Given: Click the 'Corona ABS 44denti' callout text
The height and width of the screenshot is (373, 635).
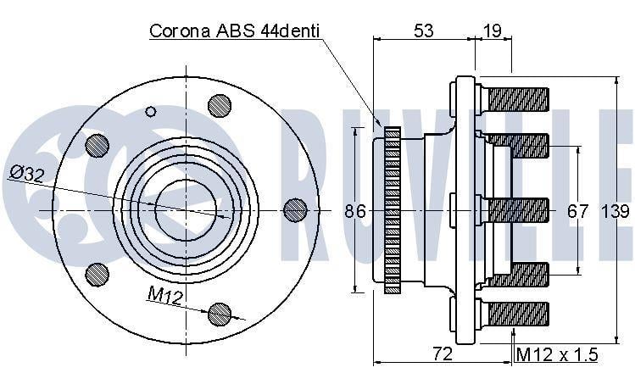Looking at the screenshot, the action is pyautogui.click(x=235, y=31).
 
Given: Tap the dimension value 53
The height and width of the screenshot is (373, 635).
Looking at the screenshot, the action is pyautogui.click(x=423, y=31).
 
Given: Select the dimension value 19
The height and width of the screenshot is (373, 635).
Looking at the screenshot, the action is pyautogui.click(x=493, y=31).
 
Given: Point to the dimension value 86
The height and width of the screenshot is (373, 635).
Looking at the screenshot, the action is pyautogui.click(x=355, y=211).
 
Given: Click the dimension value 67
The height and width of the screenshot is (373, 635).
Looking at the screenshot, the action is pyautogui.click(x=578, y=211).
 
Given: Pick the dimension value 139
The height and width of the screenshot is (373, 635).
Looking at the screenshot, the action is pyautogui.click(x=616, y=211).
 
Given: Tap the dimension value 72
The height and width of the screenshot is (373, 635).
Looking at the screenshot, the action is pyautogui.click(x=442, y=354).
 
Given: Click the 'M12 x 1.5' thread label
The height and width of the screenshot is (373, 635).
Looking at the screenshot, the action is pyautogui.click(x=557, y=355).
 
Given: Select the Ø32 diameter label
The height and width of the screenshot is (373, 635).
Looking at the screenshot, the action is pyautogui.click(x=27, y=173).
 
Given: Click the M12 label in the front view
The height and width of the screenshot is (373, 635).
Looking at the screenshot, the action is pyautogui.click(x=165, y=295).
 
